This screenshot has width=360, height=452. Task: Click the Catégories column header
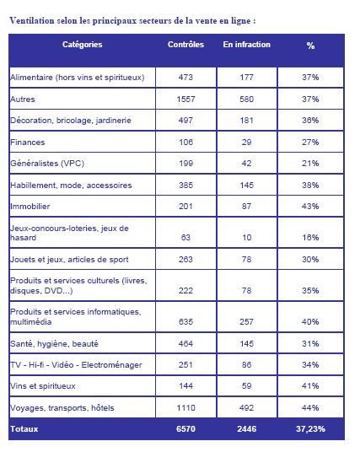click(82, 45)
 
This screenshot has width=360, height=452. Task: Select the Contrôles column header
click(186, 45)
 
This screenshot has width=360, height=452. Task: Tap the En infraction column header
click(247, 45)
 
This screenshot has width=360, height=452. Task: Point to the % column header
click(310, 46)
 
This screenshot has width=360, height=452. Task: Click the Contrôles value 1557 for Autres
click(186, 100)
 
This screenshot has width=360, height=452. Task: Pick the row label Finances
click(28, 143)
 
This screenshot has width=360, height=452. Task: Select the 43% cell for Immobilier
click(310, 207)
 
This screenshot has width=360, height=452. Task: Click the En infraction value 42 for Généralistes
click(246, 164)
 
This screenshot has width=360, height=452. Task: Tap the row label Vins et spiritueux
click(43, 386)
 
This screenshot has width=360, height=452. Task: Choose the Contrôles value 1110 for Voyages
click(186, 408)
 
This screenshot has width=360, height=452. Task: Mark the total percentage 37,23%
click(310, 429)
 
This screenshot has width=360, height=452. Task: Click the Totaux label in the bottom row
click(24, 429)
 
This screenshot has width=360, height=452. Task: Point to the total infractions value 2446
click(247, 429)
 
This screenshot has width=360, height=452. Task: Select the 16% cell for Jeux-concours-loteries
click(310, 238)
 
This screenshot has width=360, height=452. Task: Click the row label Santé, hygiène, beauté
click(54, 343)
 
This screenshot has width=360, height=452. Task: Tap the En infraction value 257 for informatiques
click(246, 321)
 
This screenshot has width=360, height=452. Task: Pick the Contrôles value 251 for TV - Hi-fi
click(185, 364)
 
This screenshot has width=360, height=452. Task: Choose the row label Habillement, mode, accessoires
click(71, 185)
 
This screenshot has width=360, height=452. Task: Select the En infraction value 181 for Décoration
click(246, 121)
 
